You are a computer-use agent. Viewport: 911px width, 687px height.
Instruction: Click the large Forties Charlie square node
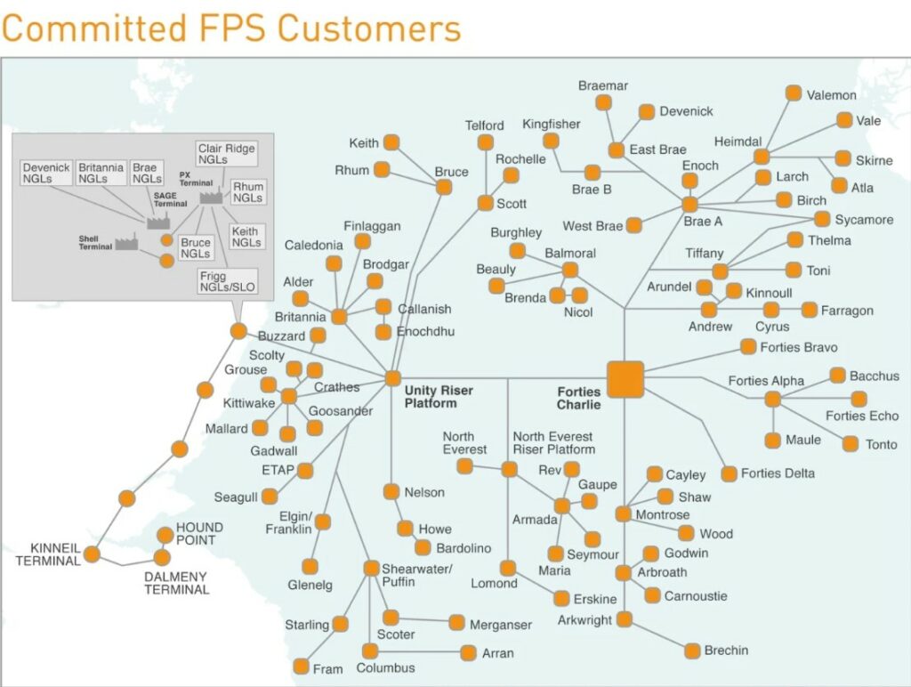[625, 378]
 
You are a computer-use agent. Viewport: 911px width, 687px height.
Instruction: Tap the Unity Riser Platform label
[438, 397]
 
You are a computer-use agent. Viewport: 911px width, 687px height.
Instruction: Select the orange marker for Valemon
[794, 93]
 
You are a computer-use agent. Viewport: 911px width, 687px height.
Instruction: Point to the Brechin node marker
[693, 651]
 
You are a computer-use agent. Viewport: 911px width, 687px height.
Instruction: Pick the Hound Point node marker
[165, 535]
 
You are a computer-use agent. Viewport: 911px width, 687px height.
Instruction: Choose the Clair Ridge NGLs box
[227, 153]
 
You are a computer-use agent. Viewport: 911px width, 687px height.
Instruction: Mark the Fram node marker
[301, 667]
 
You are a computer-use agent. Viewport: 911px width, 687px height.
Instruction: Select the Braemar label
[603, 85]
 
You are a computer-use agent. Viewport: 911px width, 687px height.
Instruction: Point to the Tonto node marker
[851, 443]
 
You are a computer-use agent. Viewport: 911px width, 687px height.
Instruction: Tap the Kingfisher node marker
[551, 141]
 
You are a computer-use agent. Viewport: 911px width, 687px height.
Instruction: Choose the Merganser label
[501, 625]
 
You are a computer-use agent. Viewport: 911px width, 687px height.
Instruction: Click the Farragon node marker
[809, 310]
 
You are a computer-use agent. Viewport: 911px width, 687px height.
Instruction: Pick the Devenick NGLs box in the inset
[46, 173]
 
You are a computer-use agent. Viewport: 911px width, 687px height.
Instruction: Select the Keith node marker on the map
[391, 142]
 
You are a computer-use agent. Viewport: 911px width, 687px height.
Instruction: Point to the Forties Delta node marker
[730, 473]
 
